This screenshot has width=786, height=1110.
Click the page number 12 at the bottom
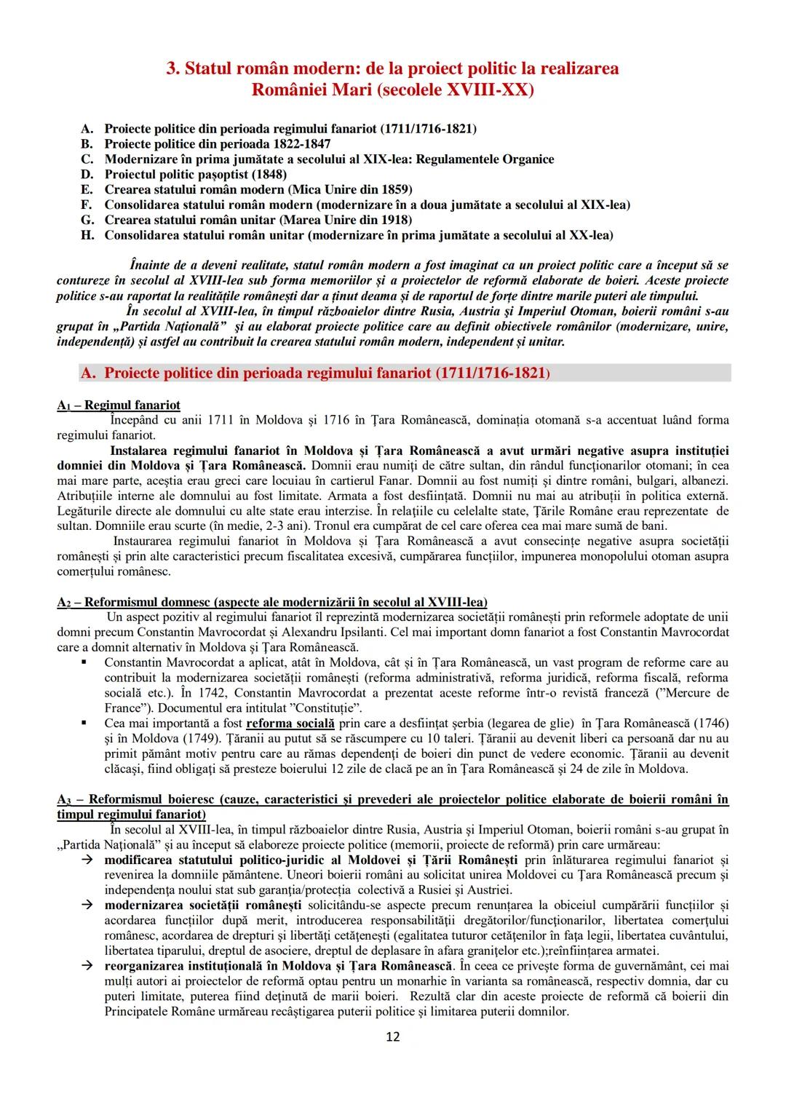coord(392,1036)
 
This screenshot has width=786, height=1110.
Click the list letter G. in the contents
coord(87,220)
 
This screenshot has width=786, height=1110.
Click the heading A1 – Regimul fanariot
coord(119,405)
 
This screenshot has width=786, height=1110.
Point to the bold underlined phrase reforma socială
coord(290,724)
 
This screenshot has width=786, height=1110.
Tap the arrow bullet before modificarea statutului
coord(86,860)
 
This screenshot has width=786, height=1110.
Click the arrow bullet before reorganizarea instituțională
coord(86,966)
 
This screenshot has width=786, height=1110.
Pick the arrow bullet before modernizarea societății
coord(86,905)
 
